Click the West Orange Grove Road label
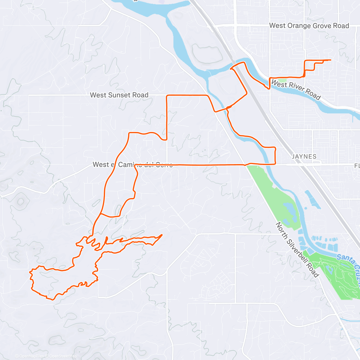tap(309, 26)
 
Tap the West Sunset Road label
tap(119, 95)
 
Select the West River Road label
tap(296, 89)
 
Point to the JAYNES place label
tap(304, 156)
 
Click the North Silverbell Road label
tap(297, 249)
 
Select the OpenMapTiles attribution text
tap(31, 356)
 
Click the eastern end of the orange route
tap(331, 60)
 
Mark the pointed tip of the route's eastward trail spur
tap(162, 235)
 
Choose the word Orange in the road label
tap(299, 26)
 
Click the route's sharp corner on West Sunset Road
tap(167, 96)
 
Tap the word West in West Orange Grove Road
tap(277, 26)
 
